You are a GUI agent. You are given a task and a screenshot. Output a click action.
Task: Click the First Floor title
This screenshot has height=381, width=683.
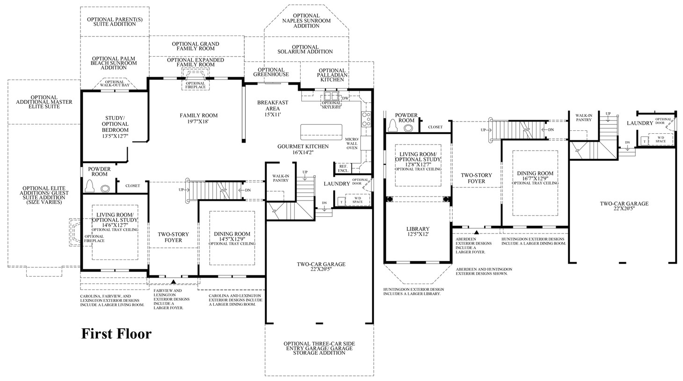[x=116, y=334]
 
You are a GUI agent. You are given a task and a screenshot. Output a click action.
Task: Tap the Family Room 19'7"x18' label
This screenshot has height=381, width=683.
[x=199, y=118]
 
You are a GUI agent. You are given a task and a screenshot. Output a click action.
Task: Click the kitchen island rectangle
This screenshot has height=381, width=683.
[x=320, y=129]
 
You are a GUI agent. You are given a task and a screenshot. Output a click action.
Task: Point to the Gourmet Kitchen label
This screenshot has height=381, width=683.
[x=303, y=149]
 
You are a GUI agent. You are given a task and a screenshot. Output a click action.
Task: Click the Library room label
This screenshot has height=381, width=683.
[x=417, y=231]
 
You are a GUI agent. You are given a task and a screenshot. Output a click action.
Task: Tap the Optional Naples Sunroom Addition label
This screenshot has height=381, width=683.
[x=306, y=21]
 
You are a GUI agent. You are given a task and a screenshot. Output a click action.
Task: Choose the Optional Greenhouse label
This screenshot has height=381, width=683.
[x=271, y=72]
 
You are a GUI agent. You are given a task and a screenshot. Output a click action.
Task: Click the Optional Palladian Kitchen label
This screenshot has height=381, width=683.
[x=332, y=75]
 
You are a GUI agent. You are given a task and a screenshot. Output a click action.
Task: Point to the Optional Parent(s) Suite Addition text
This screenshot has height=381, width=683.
[x=111, y=22]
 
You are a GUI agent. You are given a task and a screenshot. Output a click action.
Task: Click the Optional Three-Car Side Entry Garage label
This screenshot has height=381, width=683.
[x=319, y=348]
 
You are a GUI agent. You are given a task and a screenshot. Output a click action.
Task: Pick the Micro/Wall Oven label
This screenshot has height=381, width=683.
[x=352, y=144]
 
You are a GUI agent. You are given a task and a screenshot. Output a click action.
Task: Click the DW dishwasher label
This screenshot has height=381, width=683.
[x=345, y=98]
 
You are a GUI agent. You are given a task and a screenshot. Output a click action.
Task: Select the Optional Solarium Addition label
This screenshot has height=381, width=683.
[x=305, y=49]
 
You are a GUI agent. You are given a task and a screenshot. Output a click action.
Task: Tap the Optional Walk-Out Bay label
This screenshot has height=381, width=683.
[x=111, y=84]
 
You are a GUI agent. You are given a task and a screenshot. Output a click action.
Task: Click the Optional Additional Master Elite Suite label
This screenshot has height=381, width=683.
[x=38, y=102]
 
